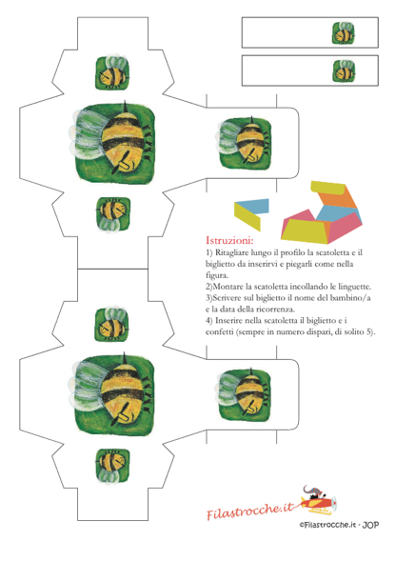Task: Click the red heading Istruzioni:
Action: pyautogui.click(x=229, y=240)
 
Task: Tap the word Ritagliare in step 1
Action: pyautogui.click(x=231, y=253)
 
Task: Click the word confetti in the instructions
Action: pyautogui.click(x=219, y=331)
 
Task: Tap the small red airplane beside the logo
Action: pyautogui.click(x=318, y=500)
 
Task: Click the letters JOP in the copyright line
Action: pyautogui.click(x=370, y=525)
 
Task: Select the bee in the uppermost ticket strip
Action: pyautogui.click(x=344, y=33)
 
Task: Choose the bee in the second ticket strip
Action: pyautogui.click(x=344, y=70)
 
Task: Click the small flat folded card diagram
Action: pyautogui.click(x=251, y=213)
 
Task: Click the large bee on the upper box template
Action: pyautogui.click(x=115, y=143)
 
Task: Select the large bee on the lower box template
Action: pyautogui.click(x=115, y=394)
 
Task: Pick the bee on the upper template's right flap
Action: pyautogui.click(x=245, y=143)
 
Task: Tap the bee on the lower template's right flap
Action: pyautogui.click(x=245, y=394)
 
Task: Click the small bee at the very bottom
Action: pyautogui.click(x=112, y=466)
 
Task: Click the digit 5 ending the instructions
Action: pyautogui.click(x=368, y=331)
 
